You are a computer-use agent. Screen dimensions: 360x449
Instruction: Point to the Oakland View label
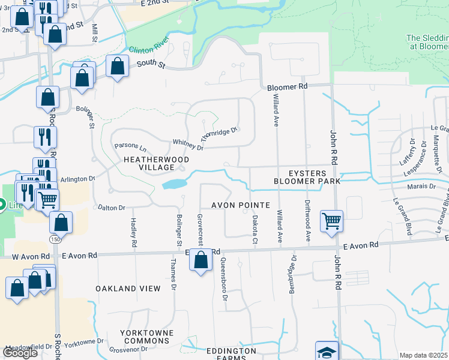128,289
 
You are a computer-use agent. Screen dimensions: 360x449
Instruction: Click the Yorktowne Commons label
146,337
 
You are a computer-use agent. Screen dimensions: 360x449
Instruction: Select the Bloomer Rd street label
288,86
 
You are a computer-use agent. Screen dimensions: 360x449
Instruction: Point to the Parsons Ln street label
130,146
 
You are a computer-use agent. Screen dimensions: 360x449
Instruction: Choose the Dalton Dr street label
111,208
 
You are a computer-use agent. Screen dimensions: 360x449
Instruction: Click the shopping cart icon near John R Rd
331,221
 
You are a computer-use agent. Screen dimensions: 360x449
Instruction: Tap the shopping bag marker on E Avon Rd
202,260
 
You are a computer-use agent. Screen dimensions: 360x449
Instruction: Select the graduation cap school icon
327,352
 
